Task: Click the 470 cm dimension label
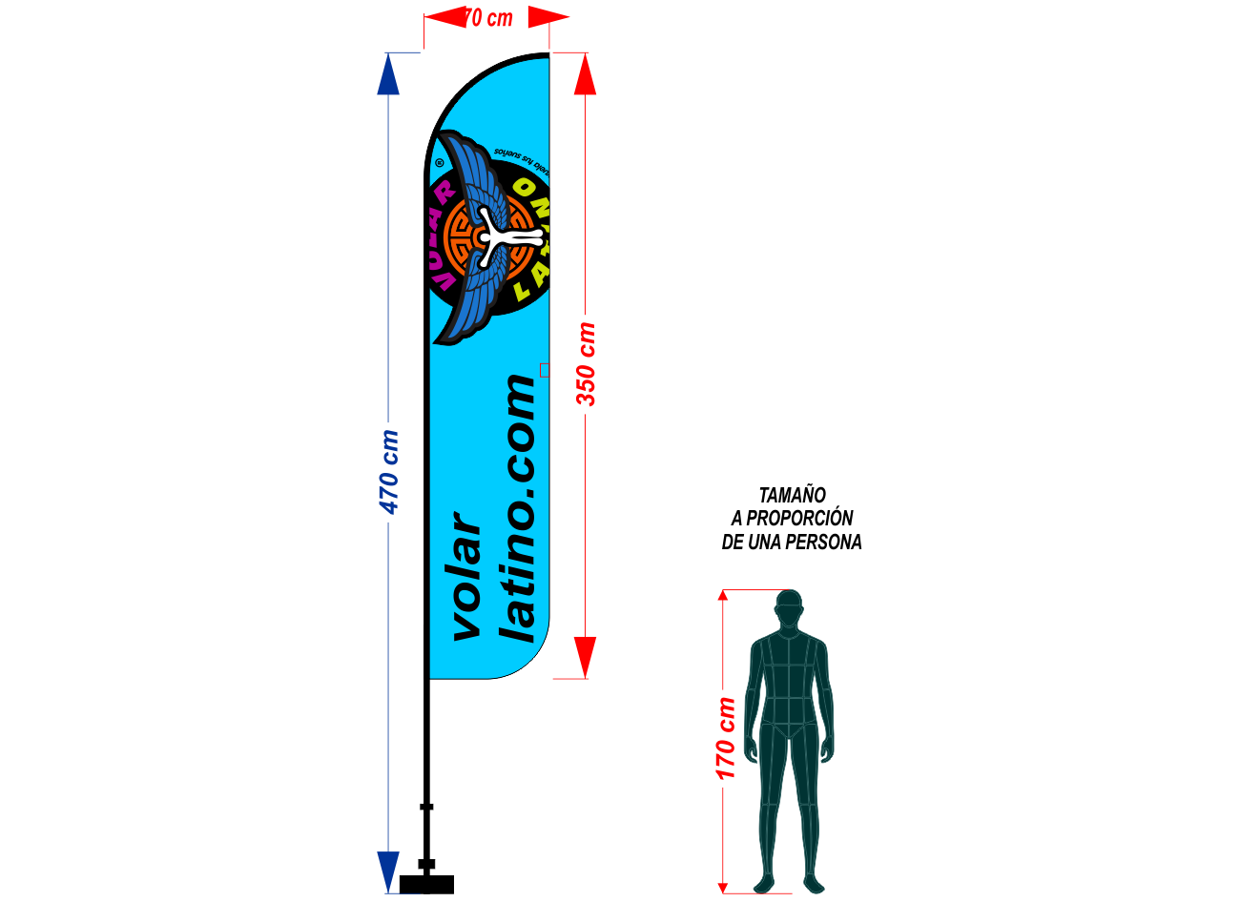point(390,472)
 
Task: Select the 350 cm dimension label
point(587,364)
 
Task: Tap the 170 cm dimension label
point(726,738)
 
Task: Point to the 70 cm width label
point(488,18)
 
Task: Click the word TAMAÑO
point(792,496)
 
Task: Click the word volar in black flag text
point(466,577)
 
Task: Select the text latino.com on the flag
point(519,508)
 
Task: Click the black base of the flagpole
point(426,884)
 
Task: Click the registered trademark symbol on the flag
point(440,162)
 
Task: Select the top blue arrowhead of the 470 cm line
point(388,75)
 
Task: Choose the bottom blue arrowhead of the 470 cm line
point(388,871)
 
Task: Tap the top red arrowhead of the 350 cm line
point(585,74)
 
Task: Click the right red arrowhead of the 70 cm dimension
point(548,16)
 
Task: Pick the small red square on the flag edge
point(545,370)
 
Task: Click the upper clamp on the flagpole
point(426,807)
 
